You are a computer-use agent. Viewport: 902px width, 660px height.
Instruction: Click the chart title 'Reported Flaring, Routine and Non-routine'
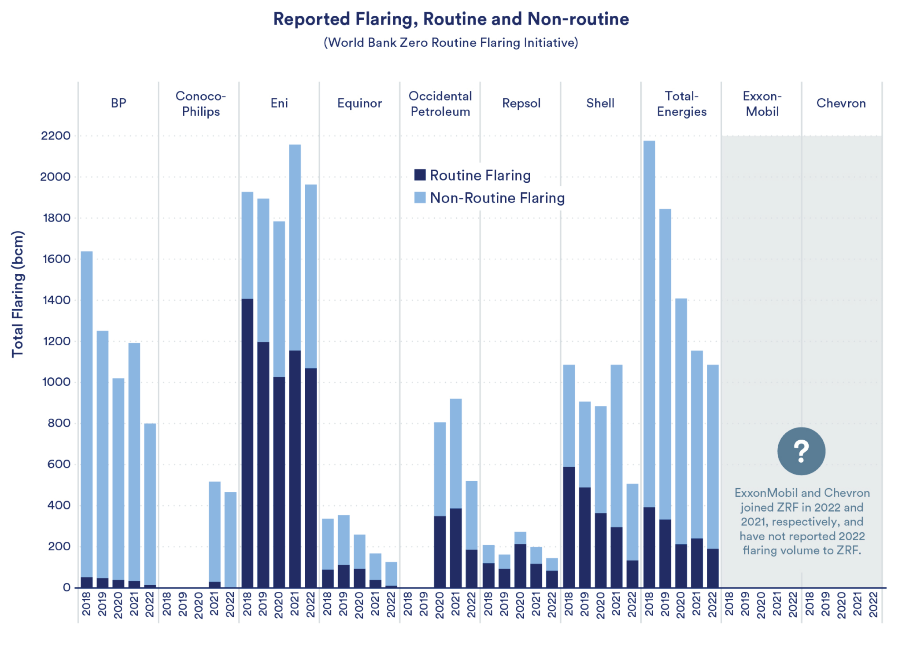pos(451,19)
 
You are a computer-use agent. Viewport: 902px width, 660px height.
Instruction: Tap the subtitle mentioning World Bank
pos(451,43)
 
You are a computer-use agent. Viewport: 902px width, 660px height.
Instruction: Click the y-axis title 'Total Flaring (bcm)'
pos(18,294)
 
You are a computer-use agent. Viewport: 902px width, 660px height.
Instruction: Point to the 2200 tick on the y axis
pos(56,136)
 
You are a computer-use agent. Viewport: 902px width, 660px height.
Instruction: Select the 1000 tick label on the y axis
pos(56,382)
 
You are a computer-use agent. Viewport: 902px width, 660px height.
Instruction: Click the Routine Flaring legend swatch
pos(420,175)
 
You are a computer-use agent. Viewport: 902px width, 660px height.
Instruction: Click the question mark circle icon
pos(801,451)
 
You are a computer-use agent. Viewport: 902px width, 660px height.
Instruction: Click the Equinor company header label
pos(359,103)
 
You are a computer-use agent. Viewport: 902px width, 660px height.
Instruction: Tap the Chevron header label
pos(841,103)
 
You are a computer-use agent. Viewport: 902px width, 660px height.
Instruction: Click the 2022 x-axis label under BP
pos(150,604)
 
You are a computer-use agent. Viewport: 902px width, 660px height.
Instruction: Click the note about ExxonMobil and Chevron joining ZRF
pos(802,522)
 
